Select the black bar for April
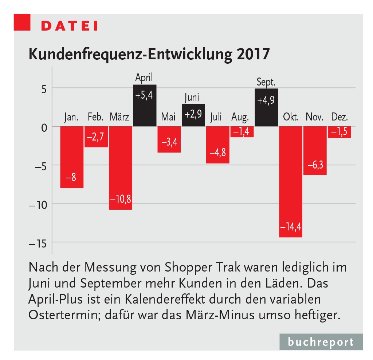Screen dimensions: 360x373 pyautogui.click(x=145, y=106)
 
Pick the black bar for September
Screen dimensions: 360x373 pyautogui.click(x=266, y=107)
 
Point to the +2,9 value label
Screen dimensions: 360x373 pyautogui.click(x=193, y=114)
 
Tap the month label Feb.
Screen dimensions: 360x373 pyautogui.click(x=96, y=117)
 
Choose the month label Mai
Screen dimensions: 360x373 pyautogui.click(x=169, y=117)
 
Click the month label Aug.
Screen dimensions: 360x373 pyautogui.click(x=240, y=118)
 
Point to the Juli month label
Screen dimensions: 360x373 pyautogui.click(x=217, y=117)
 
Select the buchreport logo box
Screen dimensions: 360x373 pyautogui.click(x=321, y=342)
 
